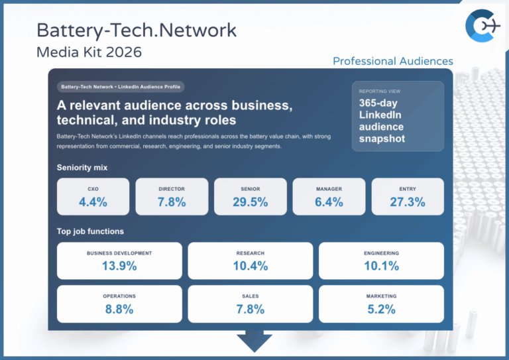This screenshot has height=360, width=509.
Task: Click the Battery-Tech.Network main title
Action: tap(136, 30)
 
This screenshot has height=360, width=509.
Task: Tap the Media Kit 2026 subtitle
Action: tap(89, 51)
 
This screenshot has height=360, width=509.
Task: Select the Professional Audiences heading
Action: tap(392, 61)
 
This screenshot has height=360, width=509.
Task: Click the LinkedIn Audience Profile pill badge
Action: tap(120, 87)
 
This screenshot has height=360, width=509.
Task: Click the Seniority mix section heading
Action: tap(82, 168)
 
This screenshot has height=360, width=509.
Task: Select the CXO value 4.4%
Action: tap(93, 202)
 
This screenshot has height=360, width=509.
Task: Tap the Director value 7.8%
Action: tap(172, 202)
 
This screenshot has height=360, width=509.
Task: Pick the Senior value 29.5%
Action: tap(250, 202)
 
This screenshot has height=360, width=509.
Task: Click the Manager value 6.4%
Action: tap(329, 202)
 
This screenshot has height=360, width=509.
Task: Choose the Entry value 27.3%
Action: tap(407, 202)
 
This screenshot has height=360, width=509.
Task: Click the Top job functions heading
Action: tap(90, 231)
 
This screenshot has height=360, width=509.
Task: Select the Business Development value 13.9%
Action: tap(119, 266)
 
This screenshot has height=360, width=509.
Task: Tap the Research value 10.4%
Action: tap(250, 266)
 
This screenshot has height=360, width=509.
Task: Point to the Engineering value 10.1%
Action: tap(381, 266)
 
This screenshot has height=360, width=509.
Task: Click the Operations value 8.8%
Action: tap(119, 309)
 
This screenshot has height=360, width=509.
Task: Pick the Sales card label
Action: tap(250, 296)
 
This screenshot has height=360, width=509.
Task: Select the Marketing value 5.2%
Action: tap(381, 309)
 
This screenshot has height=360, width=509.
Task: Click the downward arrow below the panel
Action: tap(254, 341)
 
